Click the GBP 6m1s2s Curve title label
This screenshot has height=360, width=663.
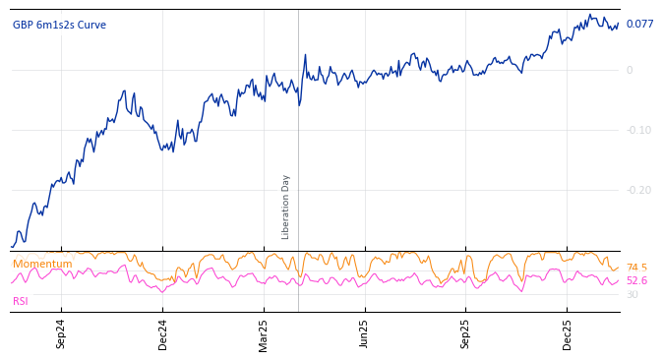[59, 26]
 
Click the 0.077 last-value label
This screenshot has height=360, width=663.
[639, 25]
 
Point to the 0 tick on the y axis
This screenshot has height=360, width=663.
[630, 70]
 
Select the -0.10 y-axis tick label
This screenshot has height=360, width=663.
[638, 131]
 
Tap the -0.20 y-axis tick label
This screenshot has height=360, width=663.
[638, 191]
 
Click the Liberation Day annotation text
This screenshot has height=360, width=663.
[286, 207]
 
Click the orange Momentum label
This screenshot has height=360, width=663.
[42, 265]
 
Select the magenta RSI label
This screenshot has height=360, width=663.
[21, 301]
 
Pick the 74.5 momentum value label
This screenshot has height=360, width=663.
[636, 268]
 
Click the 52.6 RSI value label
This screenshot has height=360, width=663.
[636, 281]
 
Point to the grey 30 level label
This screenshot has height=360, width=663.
[632, 295]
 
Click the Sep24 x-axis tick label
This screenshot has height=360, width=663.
[61, 333]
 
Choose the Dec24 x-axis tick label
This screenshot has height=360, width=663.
[163, 333]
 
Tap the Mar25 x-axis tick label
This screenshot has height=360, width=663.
[264, 333]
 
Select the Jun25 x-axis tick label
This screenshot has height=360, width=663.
[365, 333]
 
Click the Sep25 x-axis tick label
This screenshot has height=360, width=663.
[466, 333]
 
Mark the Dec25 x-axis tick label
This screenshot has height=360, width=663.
[568, 333]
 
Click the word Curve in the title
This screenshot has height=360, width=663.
[90, 26]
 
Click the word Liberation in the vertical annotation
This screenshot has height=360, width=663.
[286, 217]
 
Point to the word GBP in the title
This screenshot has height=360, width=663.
[23, 26]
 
